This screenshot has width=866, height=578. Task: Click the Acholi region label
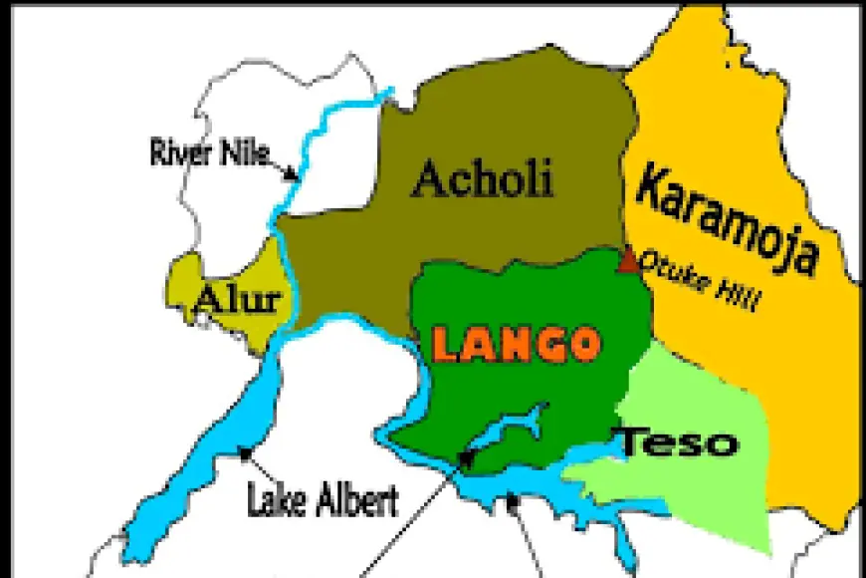tap(482, 180)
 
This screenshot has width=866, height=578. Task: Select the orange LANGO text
tap(517, 345)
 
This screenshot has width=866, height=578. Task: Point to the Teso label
tap(679, 441)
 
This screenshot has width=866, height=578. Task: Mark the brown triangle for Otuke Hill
tap(628, 262)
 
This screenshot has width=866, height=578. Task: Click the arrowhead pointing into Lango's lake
tap(467, 457)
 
